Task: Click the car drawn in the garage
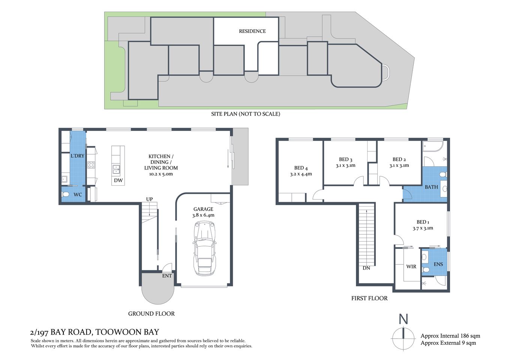point(204,248)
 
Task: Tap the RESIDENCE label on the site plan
point(252,31)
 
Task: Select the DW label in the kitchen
point(118,180)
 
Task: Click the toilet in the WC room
point(66,195)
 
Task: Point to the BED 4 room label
point(301,168)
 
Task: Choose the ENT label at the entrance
point(167,276)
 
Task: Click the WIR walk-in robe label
point(411,267)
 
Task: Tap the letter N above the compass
point(403,319)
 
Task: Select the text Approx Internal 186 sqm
point(450,336)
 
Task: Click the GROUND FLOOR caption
point(151,313)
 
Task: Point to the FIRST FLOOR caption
point(369,298)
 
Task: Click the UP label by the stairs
point(149,199)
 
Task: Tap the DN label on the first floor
point(366,268)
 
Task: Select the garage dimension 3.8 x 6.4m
point(203,215)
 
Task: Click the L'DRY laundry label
point(77,156)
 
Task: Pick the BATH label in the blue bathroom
point(431,187)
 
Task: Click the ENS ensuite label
point(438,264)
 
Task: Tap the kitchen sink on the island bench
point(117,169)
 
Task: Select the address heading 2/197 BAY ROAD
point(95,332)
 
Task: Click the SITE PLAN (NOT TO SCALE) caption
point(245,114)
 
